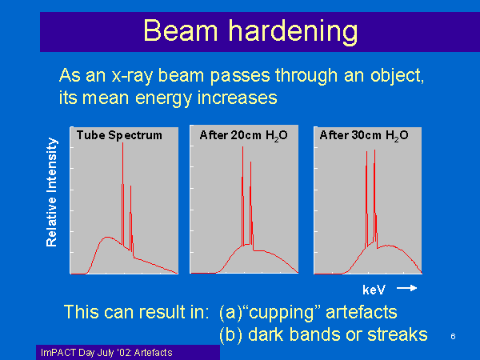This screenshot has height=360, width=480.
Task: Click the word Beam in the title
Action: (x=181, y=30)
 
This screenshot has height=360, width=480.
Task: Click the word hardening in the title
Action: (x=294, y=32)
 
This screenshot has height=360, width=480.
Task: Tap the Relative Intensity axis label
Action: (x=52, y=192)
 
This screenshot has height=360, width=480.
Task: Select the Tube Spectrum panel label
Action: (x=119, y=135)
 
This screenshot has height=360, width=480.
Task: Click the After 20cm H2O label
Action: (x=244, y=135)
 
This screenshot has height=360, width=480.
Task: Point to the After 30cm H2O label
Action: (x=364, y=135)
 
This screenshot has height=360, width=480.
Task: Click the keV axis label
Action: (x=374, y=290)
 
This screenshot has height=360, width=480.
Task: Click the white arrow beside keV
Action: (x=407, y=288)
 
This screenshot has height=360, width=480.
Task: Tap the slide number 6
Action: (x=453, y=337)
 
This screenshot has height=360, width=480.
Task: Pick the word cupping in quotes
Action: (x=282, y=313)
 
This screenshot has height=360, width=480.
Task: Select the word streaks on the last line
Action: (x=398, y=334)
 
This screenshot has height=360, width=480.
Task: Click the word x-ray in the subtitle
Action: (x=132, y=76)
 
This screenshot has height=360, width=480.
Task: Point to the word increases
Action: (x=238, y=98)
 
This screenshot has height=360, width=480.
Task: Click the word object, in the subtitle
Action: (x=398, y=76)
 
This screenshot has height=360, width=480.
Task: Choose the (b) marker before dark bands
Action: (x=231, y=335)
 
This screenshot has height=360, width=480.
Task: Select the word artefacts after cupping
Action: (x=362, y=313)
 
